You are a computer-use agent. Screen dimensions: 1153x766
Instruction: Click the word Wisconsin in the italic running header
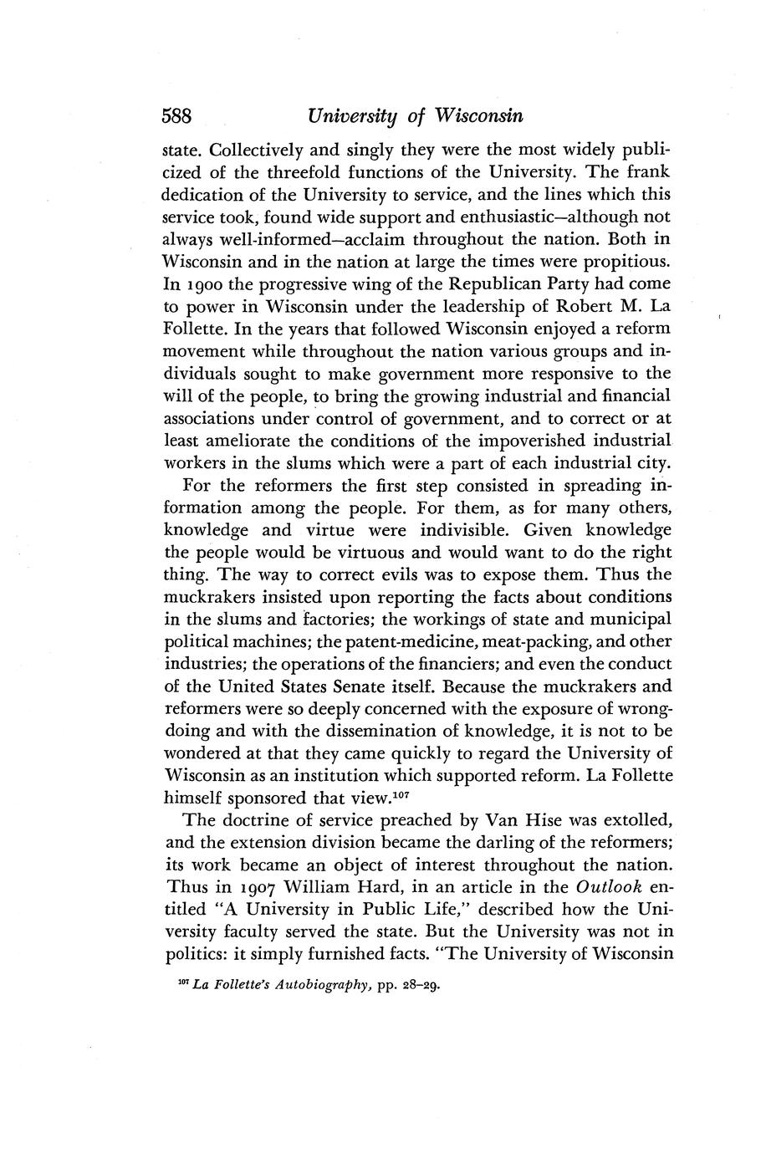coord(477,115)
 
